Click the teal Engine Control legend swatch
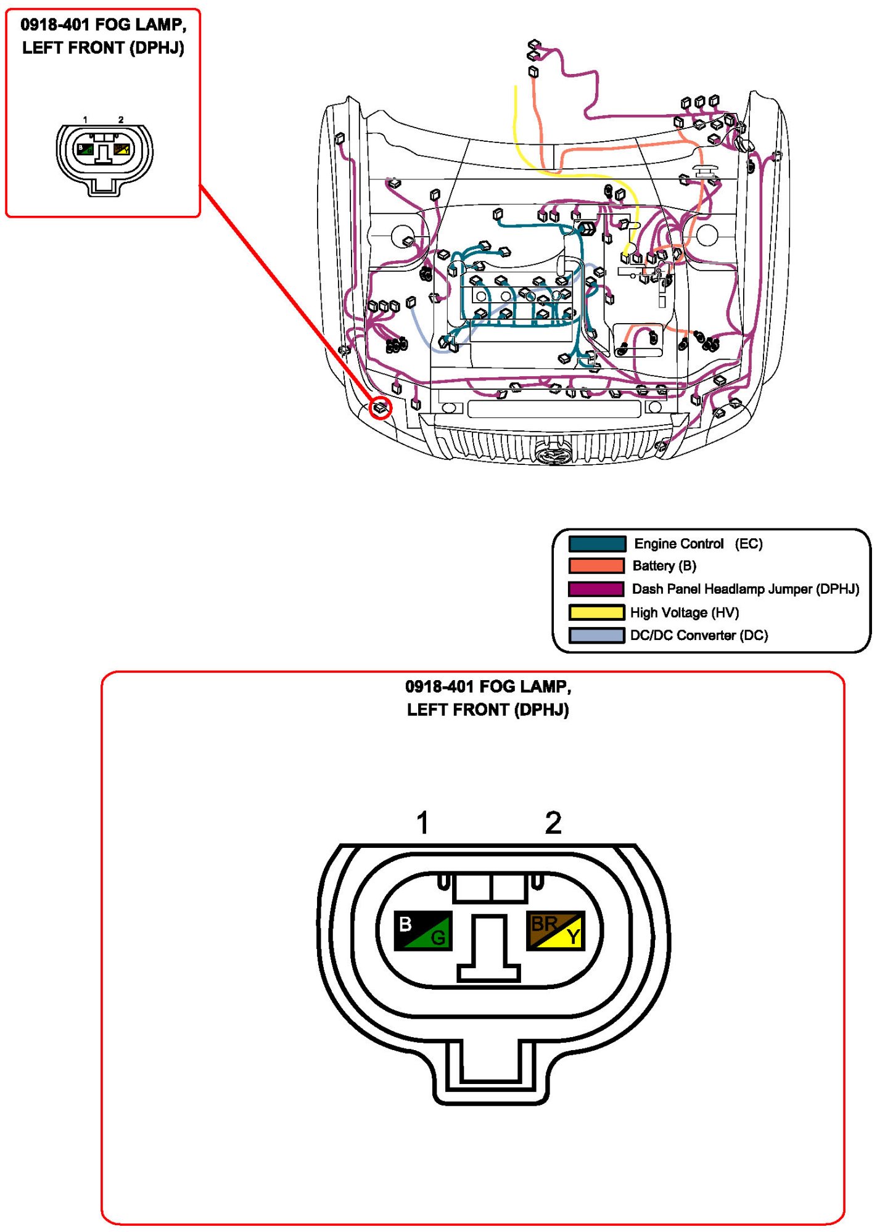click(x=596, y=544)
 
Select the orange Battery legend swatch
click(x=596, y=566)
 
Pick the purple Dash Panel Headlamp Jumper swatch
click(x=596, y=589)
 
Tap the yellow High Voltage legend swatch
click(x=596, y=612)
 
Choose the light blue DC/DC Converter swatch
click(x=596, y=635)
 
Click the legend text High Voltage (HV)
click(x=684, y=612)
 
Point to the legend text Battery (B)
click(x=664, y=566)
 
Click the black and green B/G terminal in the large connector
click(x=423, y=930)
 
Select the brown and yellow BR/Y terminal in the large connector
click(x=555, y=930)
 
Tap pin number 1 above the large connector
click(x=422, y=823)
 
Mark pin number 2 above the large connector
click(x=553, y=823)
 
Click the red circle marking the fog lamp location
click(x=381, y=408)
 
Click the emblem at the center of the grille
click(x=553, y=455)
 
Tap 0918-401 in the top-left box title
click(x=55, y=25)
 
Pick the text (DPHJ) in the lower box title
click(x=541, y=710)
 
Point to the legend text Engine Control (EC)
click(x=698, y=544)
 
